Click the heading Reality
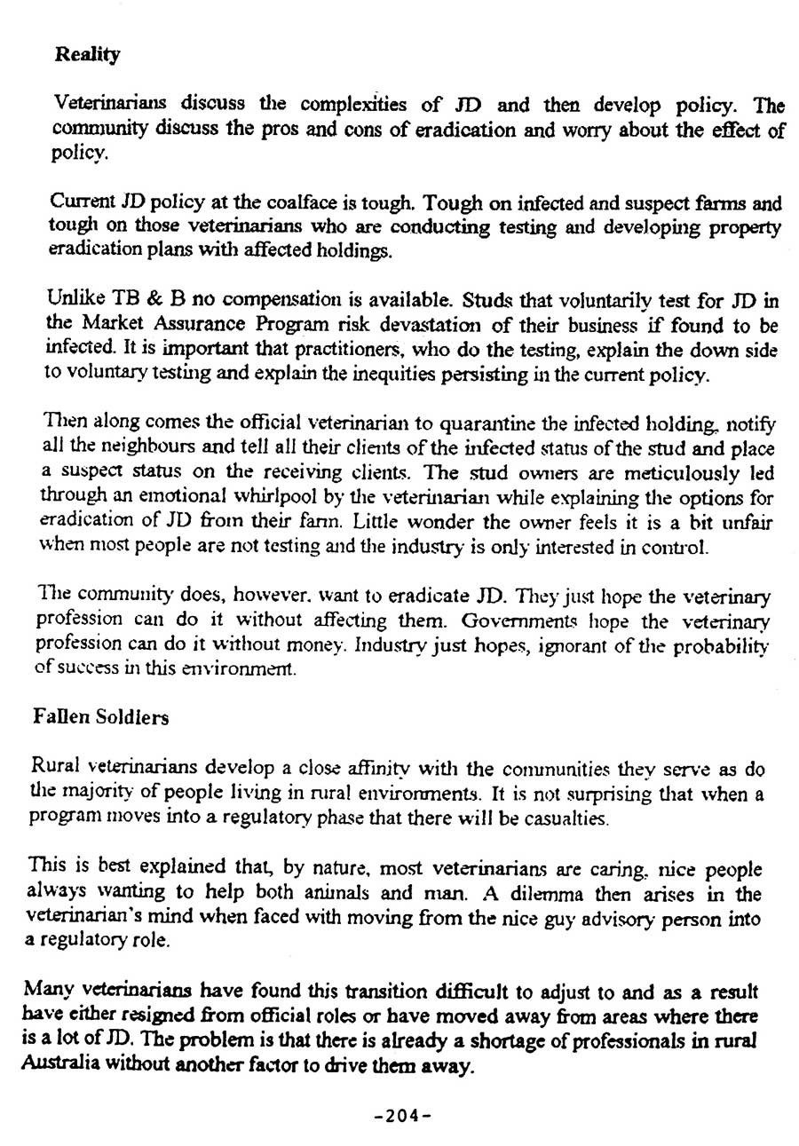point(87,55)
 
